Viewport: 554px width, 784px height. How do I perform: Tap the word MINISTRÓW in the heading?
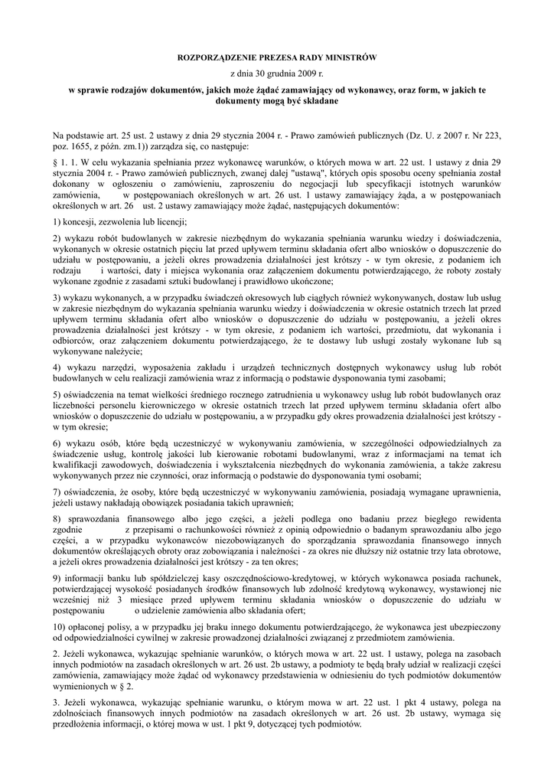352,57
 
